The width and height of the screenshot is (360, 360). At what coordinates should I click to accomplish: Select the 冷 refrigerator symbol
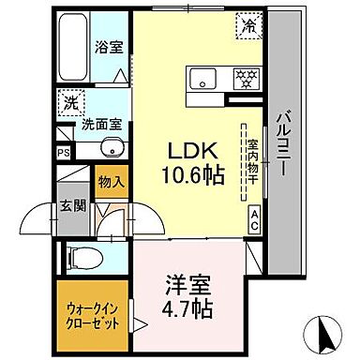[248, 26]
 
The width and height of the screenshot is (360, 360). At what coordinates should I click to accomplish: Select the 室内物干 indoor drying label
[253, 165]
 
